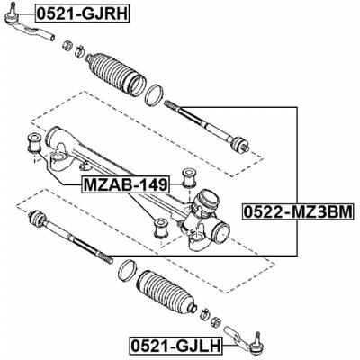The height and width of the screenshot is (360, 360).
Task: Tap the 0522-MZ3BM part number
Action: [298, 214]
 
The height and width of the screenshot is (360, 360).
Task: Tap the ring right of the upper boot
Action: [154, 92]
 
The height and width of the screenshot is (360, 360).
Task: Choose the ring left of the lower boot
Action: [129, 268]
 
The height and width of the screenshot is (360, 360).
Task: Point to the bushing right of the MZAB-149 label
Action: [190, 175]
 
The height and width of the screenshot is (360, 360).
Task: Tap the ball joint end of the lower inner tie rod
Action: [39, 219]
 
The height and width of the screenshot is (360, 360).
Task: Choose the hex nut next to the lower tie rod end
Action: [204, 314]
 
